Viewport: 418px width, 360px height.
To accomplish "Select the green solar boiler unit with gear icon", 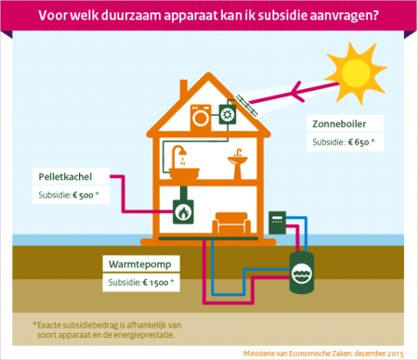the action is tap(227, 116).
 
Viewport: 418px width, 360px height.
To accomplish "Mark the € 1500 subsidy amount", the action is tap(160, 281).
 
